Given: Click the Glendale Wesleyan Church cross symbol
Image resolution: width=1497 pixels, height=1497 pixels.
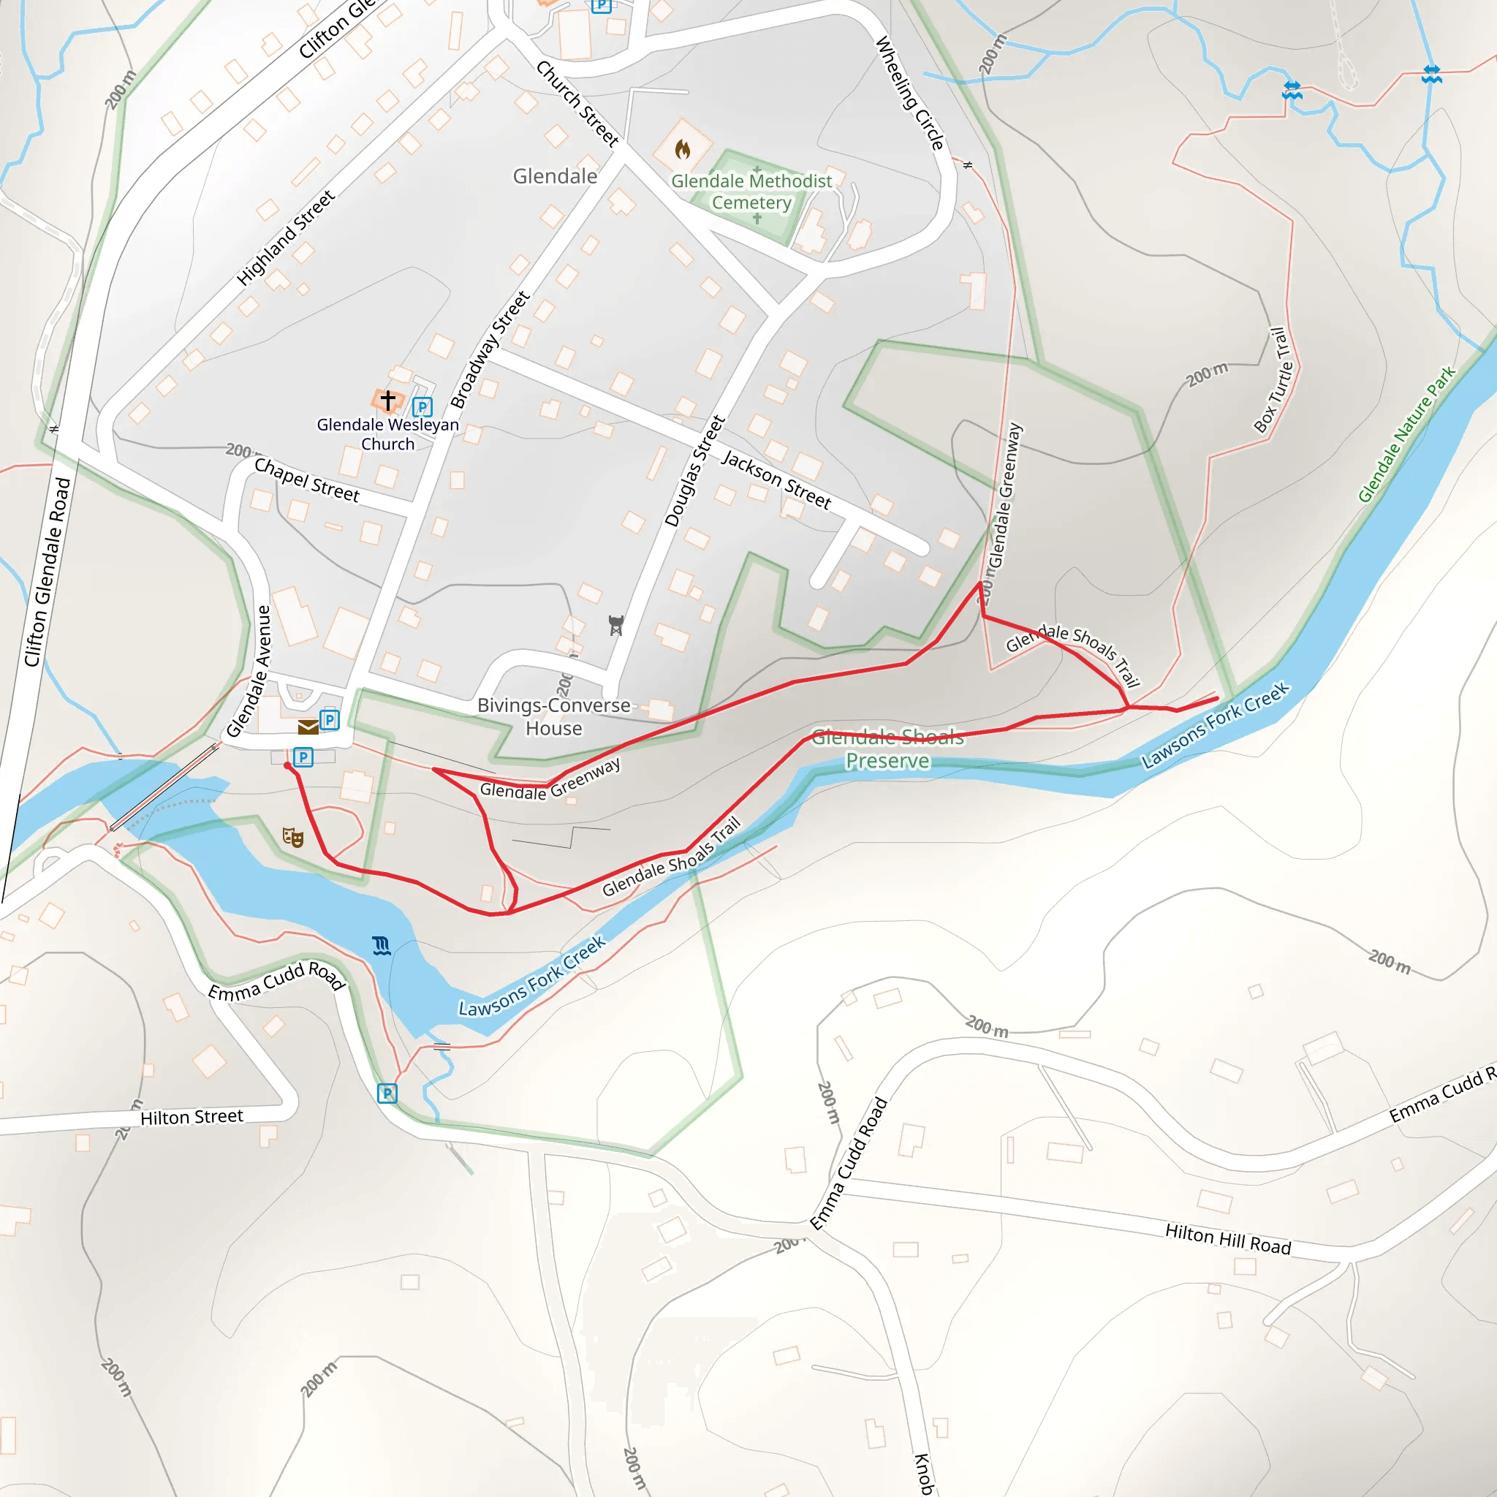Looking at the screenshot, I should pyautogui.click(x=388, y=400).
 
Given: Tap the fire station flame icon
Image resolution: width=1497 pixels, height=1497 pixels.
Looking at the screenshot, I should pyautogui.click(x=682, y=148).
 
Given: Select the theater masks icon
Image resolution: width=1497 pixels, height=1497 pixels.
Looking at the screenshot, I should pyautogui.click(x=293, y=837).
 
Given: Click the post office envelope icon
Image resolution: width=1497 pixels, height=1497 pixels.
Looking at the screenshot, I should pyautogui.click(x=308, y=727).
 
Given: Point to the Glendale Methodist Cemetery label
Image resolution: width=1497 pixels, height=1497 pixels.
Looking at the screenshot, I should pyautogui.click(x=751, y=192).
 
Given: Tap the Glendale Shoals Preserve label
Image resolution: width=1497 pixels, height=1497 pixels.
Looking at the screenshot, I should pyautogui.click(x=887, y=748).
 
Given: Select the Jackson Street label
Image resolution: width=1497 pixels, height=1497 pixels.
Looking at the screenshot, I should pyautogui.click(x=776, y=480).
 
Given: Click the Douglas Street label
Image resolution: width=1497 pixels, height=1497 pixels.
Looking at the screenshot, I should pyautogui.click(x=695, y=471).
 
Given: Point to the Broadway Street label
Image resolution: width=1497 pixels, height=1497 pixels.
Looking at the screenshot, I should pyautogui.click(x=490, y=349).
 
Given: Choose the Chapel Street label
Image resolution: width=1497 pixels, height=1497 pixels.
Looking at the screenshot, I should pyautogui.click(x=307, y=480).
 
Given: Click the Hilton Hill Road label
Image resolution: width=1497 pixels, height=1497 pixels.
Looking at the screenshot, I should pyautogui.click(x=1227, y=1239).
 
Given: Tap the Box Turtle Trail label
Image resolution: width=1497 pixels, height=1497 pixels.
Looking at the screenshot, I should pyautogui.click(x=1276, y=379).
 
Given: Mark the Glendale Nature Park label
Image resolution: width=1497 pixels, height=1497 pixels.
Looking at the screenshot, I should pyautogui.click(x=1406, y=435).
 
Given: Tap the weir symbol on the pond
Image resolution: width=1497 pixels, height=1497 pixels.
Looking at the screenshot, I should pyautogui.click(x=382, y=946).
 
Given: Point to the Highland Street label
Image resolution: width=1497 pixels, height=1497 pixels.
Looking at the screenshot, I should pyautogui.click(x=286, y=237).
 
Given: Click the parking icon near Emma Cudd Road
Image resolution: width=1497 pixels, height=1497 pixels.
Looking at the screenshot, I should pyautogui.click(x=387, y=1094).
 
